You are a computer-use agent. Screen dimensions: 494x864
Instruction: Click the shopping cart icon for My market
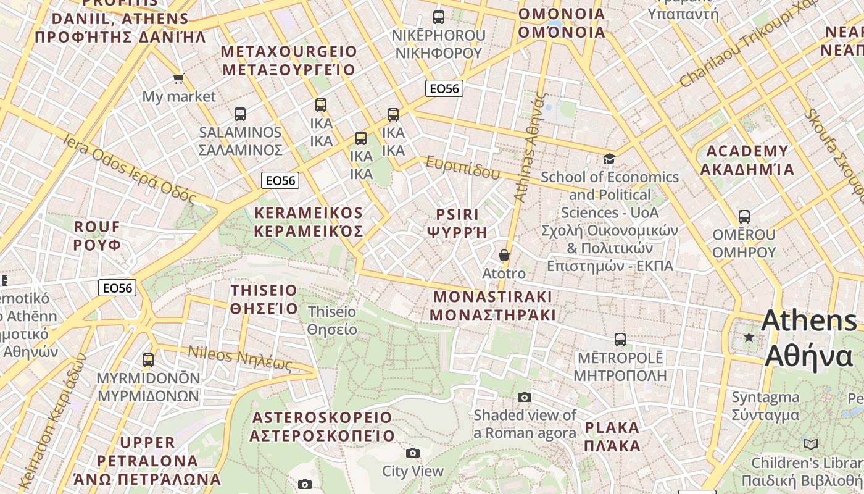click(x=179, y=78)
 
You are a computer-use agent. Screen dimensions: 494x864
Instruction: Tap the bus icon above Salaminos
click(x=240, y=114)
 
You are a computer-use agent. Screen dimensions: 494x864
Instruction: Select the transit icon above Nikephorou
click(x=439, y=17)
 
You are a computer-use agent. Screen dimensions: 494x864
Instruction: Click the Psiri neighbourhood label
click(x=457, y=223)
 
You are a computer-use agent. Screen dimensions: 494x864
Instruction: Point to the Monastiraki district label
click(x=492, y=306)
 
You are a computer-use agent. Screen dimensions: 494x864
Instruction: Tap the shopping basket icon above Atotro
click(x=504, y=254)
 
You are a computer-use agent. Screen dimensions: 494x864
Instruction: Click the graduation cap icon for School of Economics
click(x=610, y=159)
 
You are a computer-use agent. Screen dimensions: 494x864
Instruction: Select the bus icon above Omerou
click(x=744, y=217)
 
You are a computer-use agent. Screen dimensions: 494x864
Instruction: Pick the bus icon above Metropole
click(x=620, y=339)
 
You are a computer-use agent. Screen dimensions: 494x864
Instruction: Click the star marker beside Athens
click(x=749, y=337)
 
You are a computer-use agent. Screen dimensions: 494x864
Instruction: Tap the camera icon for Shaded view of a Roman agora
click(x=525, y=397)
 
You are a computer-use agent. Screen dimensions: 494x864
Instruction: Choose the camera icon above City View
click(x=413, y=453)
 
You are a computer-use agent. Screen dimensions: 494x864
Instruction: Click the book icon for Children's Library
click(x=811, y=444)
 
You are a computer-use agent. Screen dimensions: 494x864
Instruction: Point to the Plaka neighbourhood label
click(x=612, y=436)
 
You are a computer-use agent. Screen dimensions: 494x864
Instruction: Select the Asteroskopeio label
click(x=322, y=426)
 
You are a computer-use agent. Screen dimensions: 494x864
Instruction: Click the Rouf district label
click(x=97, y=235)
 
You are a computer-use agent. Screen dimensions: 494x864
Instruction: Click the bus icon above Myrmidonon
click(x=148, y=359)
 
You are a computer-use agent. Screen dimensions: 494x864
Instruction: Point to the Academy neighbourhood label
click(x=747, y=160)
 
